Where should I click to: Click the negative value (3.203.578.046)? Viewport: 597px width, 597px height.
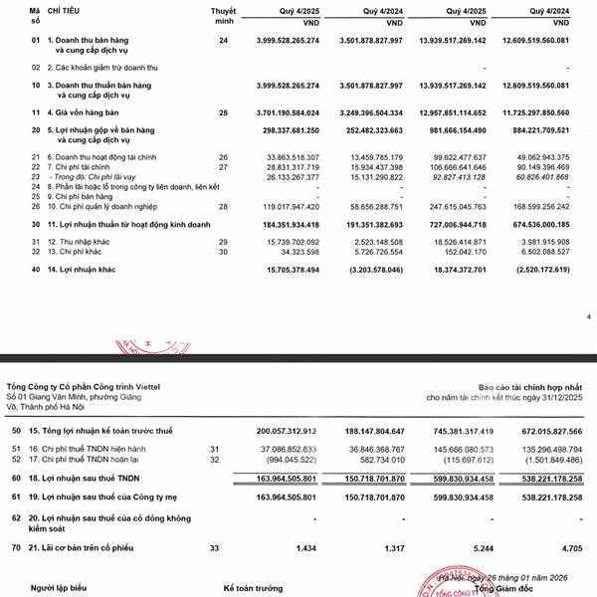point(363,268)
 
